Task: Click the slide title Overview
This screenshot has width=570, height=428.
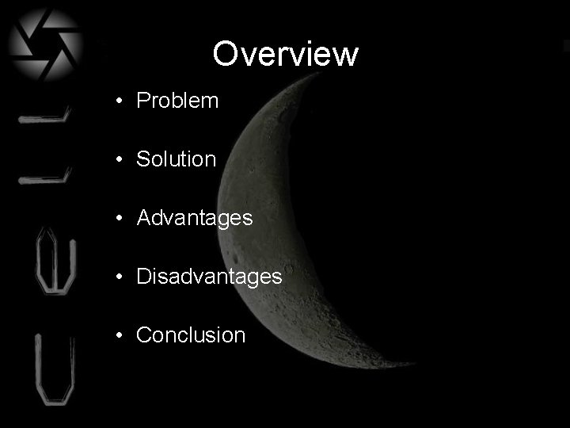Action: tap(285, 54)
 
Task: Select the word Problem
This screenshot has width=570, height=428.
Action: tap(177, 101)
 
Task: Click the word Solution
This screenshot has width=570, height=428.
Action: tap(176, 159)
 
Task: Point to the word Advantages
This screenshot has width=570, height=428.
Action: tap(195, 217)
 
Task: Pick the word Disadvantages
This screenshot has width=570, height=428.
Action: tap(209, 276)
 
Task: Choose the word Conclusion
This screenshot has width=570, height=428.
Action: tap(191, 334)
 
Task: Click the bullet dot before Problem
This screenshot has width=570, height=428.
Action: tap(117, 101)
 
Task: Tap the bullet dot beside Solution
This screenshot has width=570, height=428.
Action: tap(117, 159)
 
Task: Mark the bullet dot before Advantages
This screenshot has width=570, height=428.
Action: tap(117, 218)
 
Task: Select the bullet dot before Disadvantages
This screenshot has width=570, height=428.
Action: tap(117, 277)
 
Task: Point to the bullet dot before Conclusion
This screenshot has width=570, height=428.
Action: tap(117, 335)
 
